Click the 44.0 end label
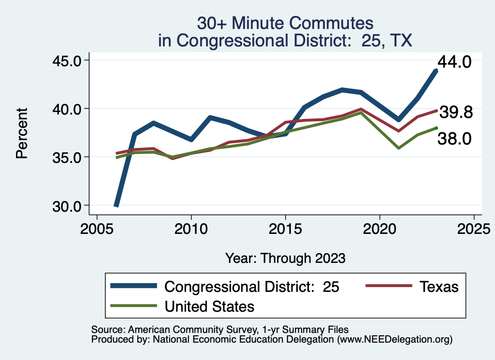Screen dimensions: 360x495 [454, 62]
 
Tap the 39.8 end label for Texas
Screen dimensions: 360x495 [455, 113]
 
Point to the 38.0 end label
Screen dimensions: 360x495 [454, 139]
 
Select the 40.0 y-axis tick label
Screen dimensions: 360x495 [68, 109]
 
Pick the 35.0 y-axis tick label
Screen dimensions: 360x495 [68, 157]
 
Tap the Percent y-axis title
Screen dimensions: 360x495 [21, 133]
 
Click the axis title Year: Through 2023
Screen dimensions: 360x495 [285, 258]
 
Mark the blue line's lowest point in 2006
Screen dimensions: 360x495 [116, 205]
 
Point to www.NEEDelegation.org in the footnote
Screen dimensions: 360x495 [394, 340]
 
